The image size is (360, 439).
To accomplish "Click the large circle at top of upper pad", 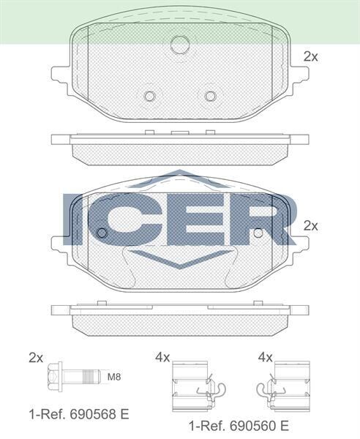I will coord(180,44).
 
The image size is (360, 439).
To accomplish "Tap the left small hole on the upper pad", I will coord(150,96).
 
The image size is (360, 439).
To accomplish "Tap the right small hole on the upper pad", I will coord(211,96).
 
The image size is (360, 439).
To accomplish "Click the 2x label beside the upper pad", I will coord(311,56).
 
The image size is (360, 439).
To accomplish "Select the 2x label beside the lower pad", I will coord(311,226).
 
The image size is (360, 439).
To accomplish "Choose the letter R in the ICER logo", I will coord(256,219).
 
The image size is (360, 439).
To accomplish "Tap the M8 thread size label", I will coord(114,378).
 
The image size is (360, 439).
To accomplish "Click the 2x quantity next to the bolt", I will coord(36,357).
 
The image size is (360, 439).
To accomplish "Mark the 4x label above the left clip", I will coord(162,357).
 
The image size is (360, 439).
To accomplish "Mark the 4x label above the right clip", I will coord(266,357).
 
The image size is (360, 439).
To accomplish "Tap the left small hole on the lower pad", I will coord(102,233).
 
